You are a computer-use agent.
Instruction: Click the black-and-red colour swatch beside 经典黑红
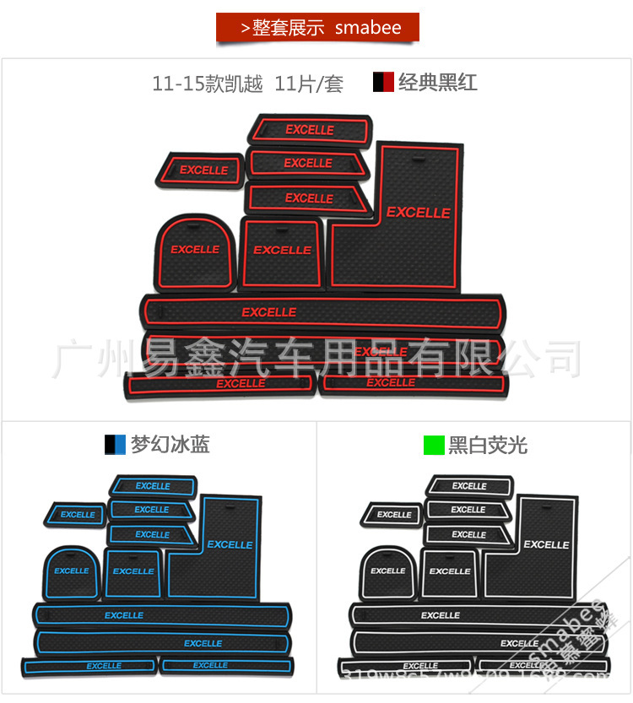(383, 82)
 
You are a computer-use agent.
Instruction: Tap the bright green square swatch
(434, 445)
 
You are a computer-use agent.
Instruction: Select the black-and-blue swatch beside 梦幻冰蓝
(115, 445)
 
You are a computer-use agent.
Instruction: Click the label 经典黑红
(437, 82)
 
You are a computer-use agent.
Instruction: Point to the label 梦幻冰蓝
(170, 445)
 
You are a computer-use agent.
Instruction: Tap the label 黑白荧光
(488, 445)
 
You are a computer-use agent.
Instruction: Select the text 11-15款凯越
(208, 84)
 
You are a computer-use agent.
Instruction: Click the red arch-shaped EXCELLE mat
(194, 251)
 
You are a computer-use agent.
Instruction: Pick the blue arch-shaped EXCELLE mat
(72, 571)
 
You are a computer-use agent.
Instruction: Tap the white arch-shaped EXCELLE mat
(388, 571)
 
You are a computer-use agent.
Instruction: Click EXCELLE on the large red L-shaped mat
(418, 213)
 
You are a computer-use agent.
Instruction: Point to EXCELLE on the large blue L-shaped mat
(230, 544)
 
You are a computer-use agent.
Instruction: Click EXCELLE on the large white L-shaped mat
(546, 544)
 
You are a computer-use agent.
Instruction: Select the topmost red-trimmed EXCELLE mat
(310, 130)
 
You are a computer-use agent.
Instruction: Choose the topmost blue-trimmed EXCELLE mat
(153, 486)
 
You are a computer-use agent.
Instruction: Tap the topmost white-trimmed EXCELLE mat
(469, 486)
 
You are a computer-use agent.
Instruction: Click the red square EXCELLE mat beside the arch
(282, 251)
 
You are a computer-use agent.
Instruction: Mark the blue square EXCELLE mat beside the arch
(133, 571)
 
